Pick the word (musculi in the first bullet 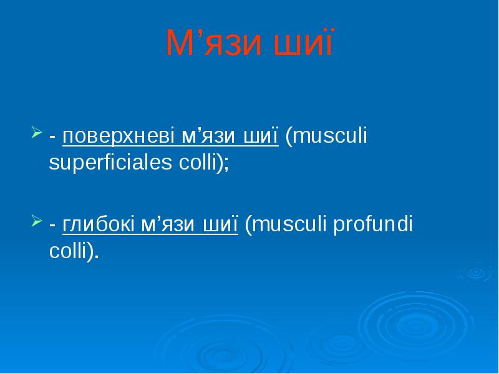point(326,137)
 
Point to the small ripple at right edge point(475,272)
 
